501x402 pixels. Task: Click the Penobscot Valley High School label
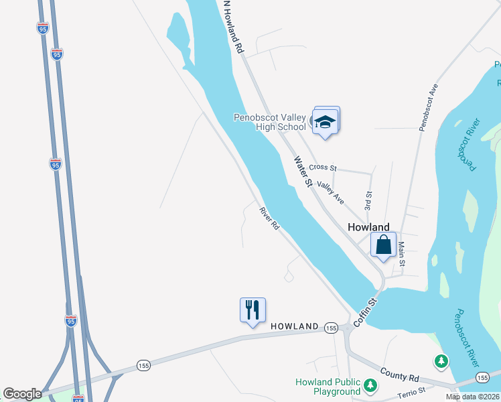tap(269, 121)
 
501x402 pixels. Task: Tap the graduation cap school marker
tap(326, 121)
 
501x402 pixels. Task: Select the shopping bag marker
tap(383, 245)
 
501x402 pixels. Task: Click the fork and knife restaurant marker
tap(253, 310)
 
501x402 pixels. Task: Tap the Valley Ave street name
tap(331, 194)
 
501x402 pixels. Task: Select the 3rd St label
tap(368, 198)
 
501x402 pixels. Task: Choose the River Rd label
tap(269, 219)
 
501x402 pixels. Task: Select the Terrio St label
tap(412, 391)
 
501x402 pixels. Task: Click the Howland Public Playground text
tap(328, 387)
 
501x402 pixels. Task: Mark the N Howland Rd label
tap(231, 27)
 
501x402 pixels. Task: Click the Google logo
tap(22, 394)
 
